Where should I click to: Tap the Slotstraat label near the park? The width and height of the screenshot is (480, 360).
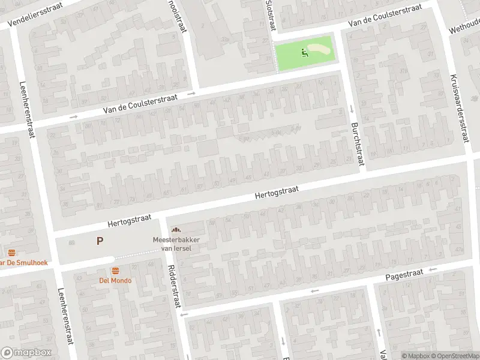(269, 15)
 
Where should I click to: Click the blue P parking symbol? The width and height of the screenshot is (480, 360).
(100, 241)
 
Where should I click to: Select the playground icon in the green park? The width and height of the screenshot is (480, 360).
(305, 53)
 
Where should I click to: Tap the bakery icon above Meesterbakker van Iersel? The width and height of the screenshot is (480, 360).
(176, 230)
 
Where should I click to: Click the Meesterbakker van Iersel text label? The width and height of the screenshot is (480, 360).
(176, 244)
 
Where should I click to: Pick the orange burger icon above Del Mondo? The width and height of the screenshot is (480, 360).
(115, 270)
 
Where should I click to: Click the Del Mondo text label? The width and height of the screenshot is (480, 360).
(115, 280)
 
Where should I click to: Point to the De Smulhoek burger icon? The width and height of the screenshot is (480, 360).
(11, 253)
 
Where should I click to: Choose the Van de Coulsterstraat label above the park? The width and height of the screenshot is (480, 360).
(386, 16)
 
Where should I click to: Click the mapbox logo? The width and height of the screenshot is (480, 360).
(26, 353)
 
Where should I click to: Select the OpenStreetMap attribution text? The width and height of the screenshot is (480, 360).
(450, 355)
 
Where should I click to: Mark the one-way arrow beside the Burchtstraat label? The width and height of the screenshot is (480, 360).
(351, 109)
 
